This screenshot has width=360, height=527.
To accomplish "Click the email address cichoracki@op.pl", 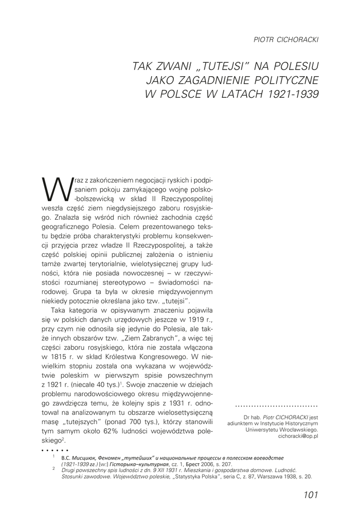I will (298, 435).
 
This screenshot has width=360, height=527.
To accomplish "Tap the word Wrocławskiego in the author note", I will (294, 428).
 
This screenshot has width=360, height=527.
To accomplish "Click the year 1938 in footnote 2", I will (280, 477).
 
